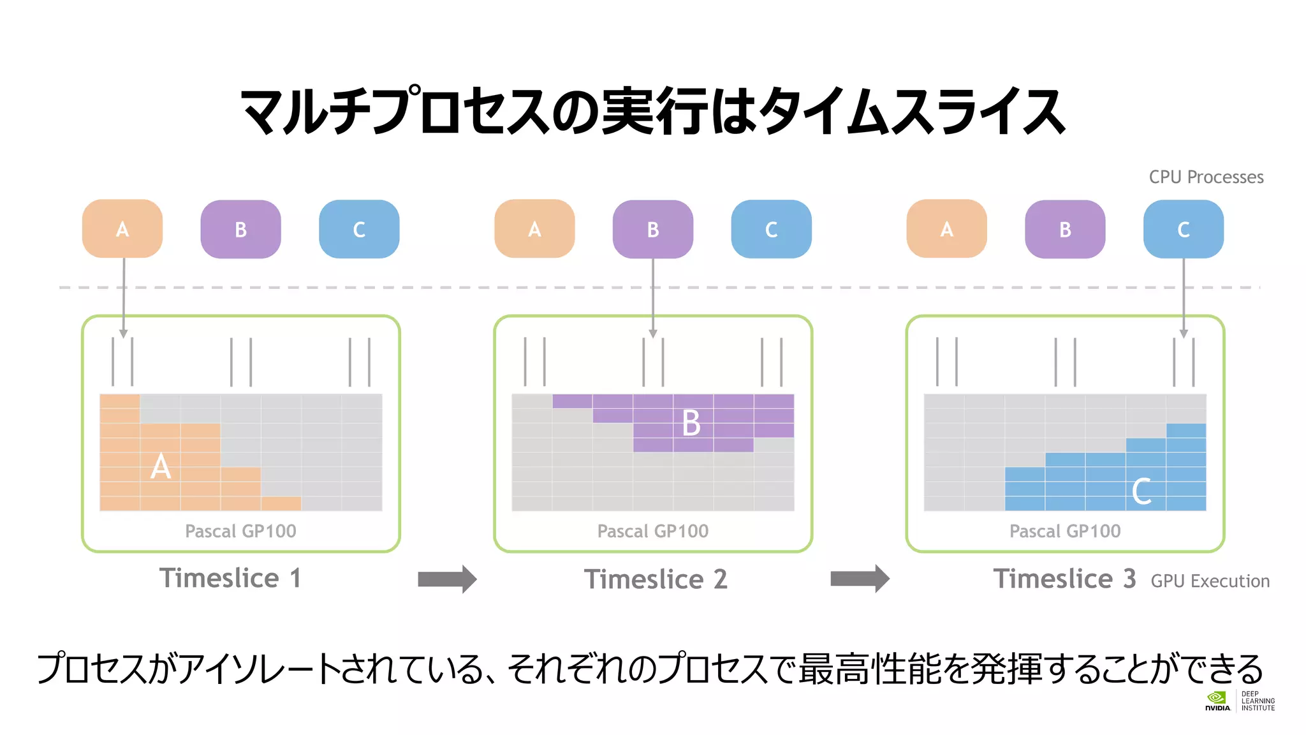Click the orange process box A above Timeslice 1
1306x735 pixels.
point(122,229)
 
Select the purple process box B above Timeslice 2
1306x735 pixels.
point(652,229)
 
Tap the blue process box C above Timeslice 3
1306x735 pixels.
point(1183,229)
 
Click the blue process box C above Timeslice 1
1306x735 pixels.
point(359,229)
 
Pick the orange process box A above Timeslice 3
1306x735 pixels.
point(946,229)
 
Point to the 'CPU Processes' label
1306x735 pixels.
point(1206,177)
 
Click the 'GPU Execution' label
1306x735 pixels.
point(1210,581)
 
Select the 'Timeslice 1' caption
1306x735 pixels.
point(230,579)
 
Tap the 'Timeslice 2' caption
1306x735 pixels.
point(656,579)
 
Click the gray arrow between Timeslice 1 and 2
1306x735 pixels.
point(447,579)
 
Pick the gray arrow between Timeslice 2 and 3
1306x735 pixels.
point(860,579)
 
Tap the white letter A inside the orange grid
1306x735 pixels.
point(161,466)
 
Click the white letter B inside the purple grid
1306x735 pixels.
point(691,423)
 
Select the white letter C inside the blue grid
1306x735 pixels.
point(1141,491)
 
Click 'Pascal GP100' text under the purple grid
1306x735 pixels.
point(652,531)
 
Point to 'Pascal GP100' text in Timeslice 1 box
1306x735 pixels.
point(240,531)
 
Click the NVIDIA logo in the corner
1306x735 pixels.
point(1217,701)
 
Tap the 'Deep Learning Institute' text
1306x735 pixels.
point(1258,701)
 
